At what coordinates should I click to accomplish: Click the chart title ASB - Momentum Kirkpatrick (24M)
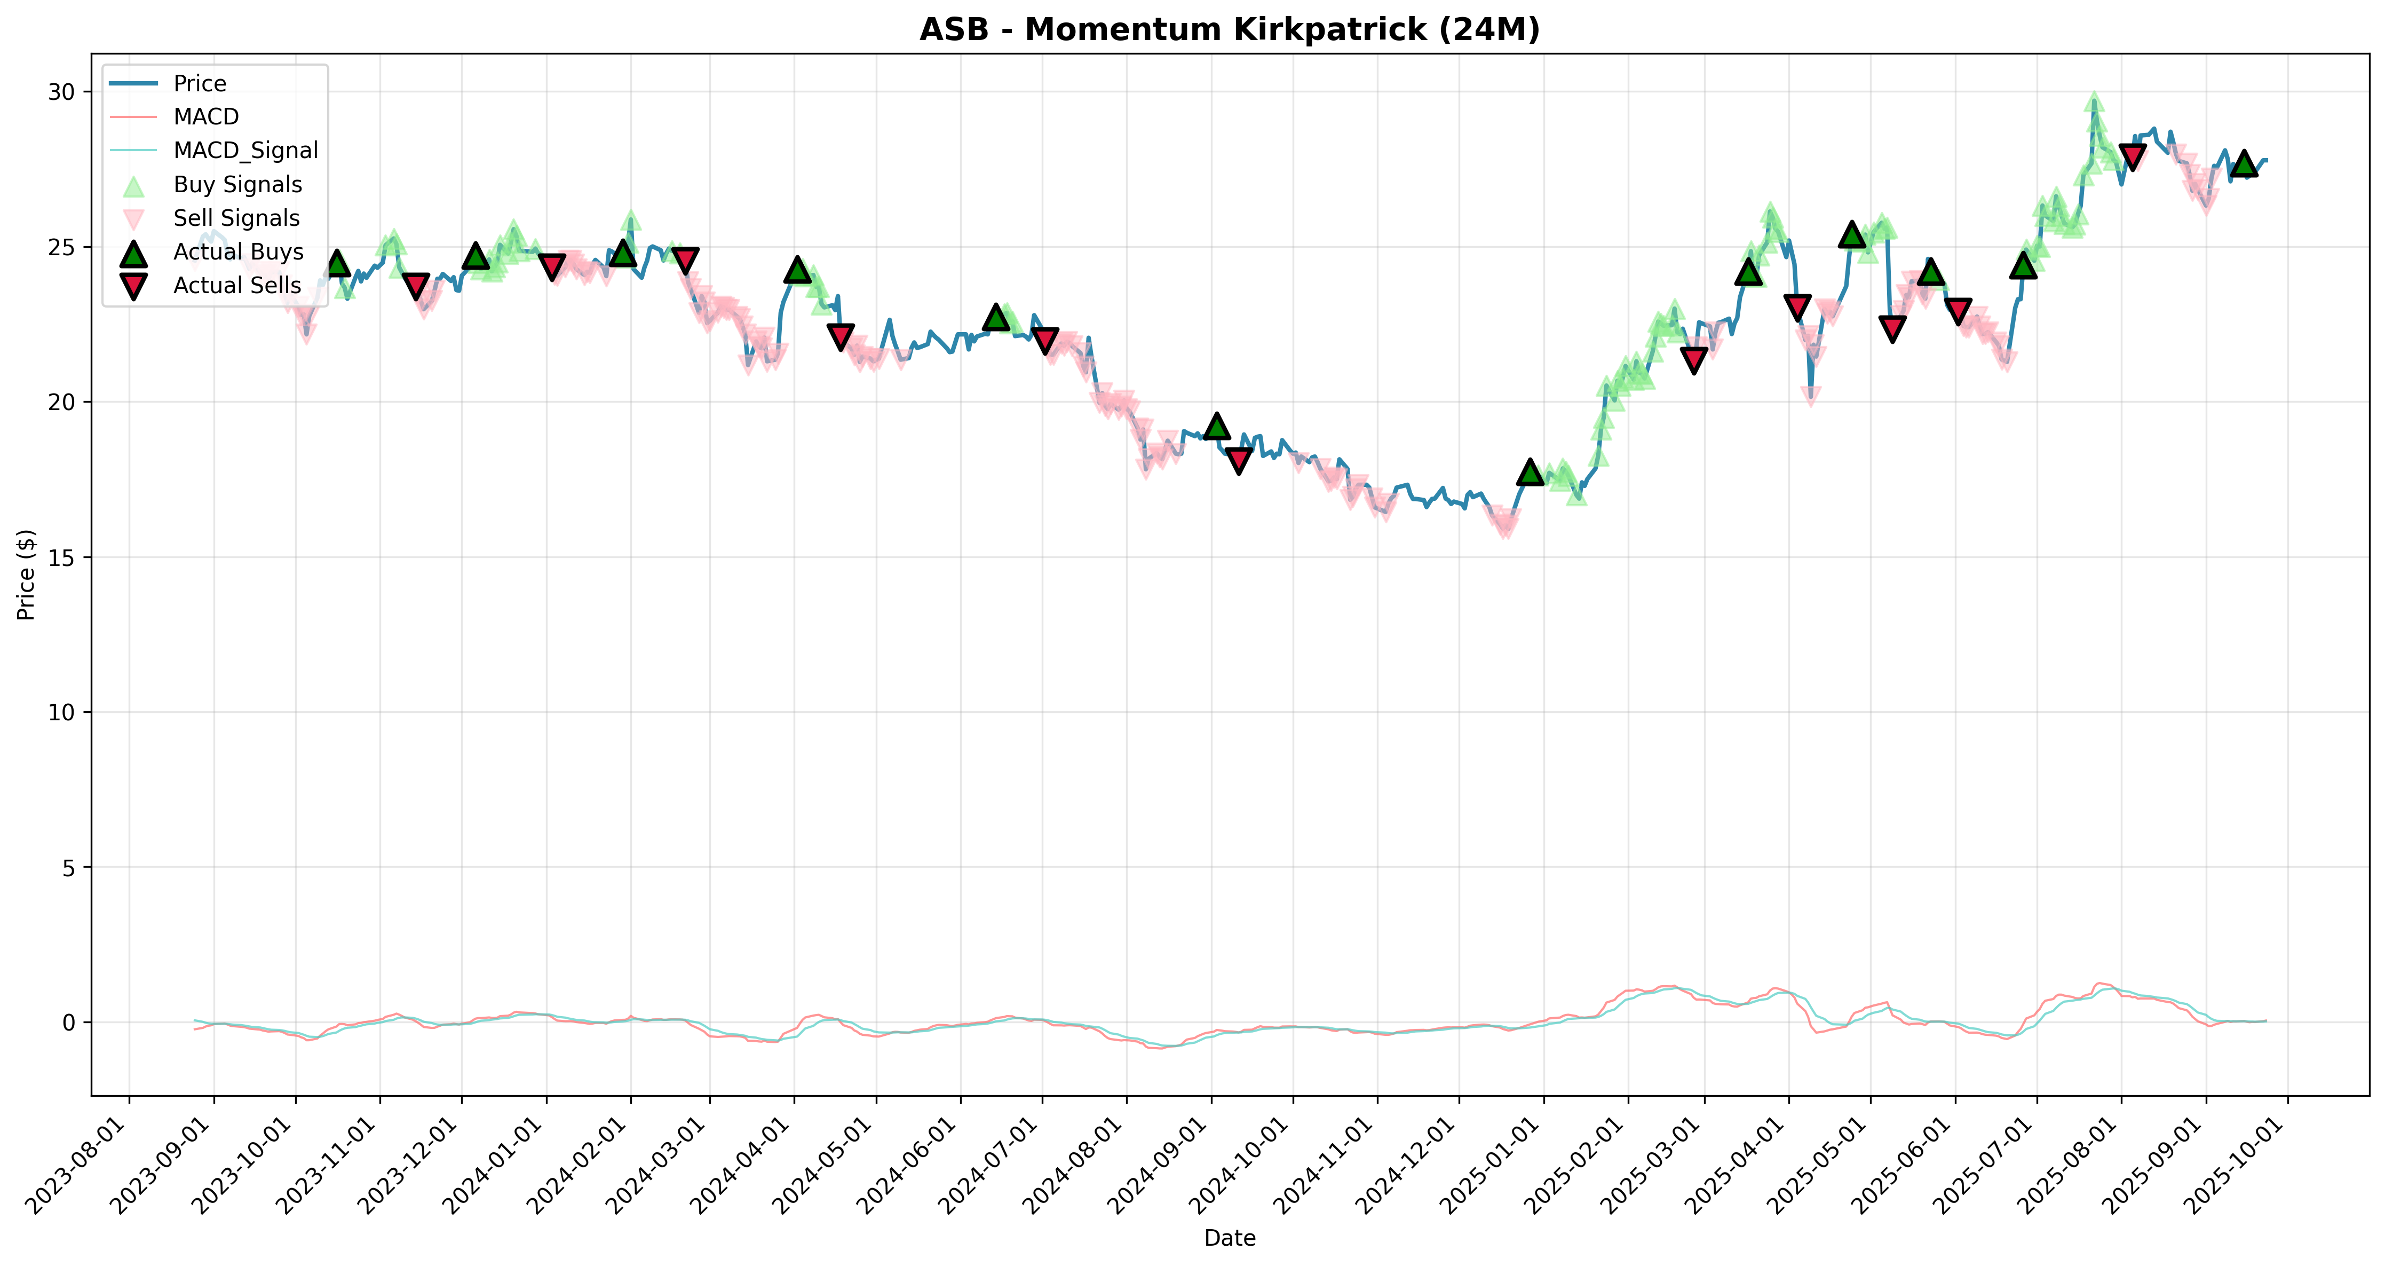point(1230,30)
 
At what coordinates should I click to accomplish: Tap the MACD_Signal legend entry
point(213,150)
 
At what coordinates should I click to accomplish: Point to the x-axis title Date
point(1230,1238)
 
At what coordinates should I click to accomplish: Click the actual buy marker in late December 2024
point(1531,471)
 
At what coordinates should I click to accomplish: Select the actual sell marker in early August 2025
point(2132,155)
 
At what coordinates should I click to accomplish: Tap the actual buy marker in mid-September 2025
point(2244,164)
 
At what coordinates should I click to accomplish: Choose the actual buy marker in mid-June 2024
point(996,317)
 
